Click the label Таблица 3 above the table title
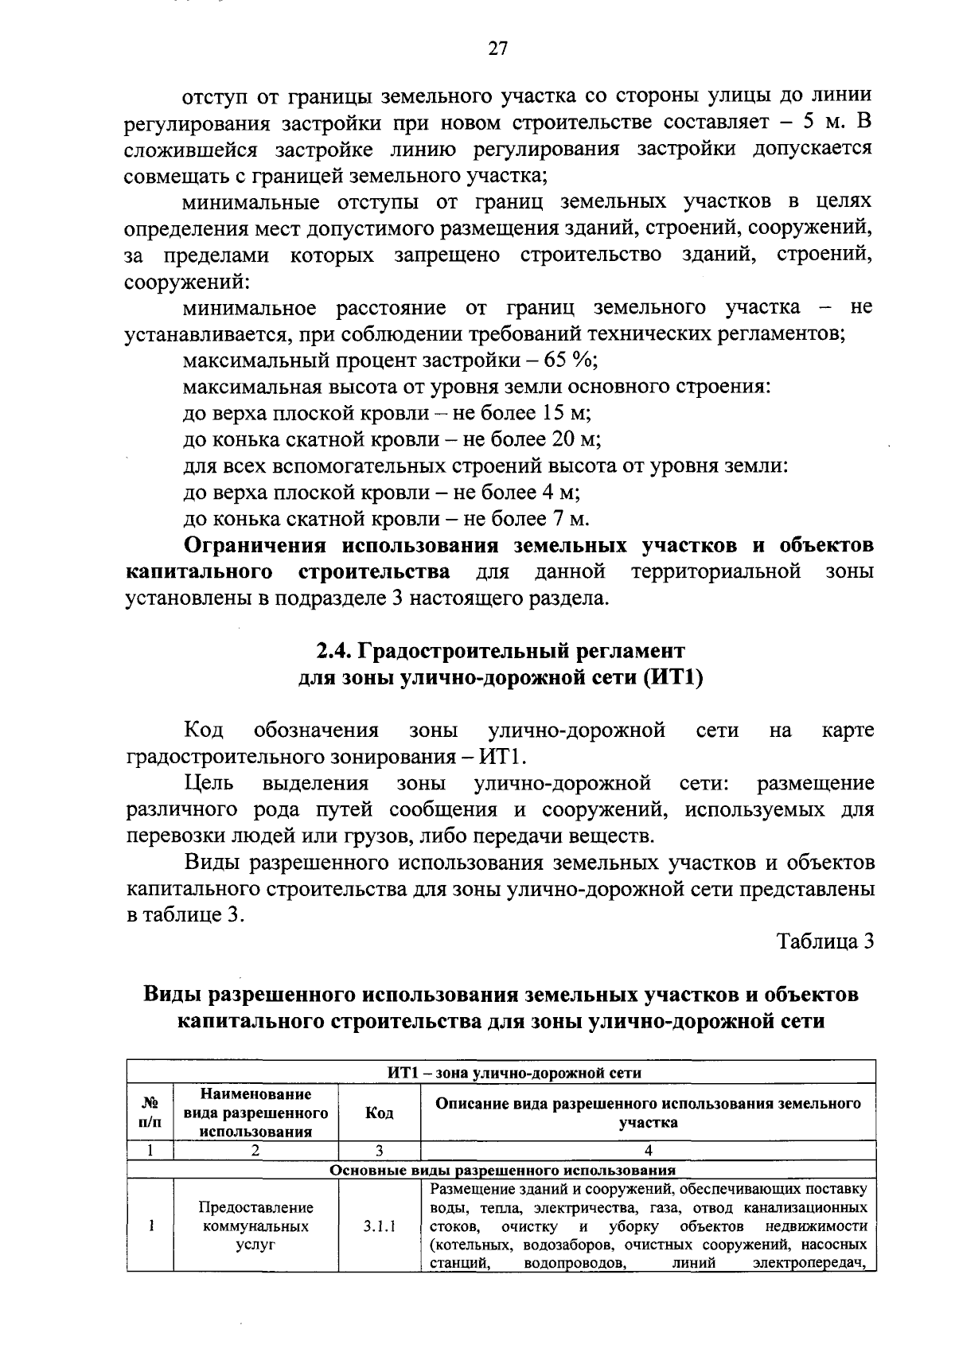pos(825,941)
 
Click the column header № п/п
pos(150,1113)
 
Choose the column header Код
pos(379,1113)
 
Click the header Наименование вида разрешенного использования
pos(255,1113)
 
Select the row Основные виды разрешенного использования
pos(502,1170)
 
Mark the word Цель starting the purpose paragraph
pos(209,783)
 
